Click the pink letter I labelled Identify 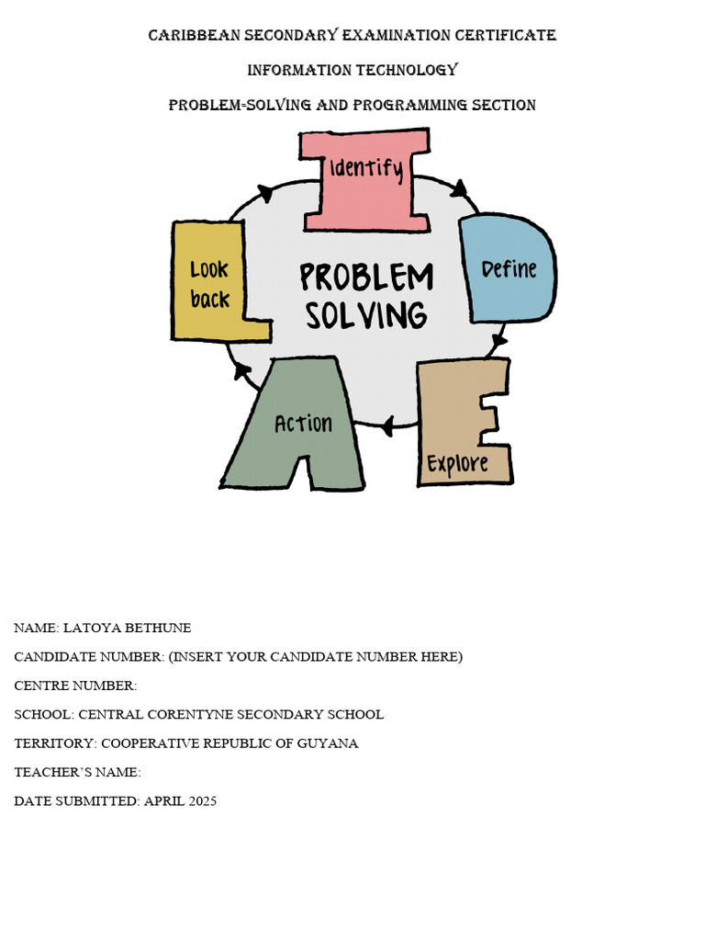pyautogui.click(x=365, y=179)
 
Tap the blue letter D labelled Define pyautogui.click(x=508, y=269)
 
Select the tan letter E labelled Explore pyautogui.click(x=459, y=423)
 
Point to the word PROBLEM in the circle pyautogui.click(x=366, y=278)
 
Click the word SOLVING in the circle pyautogui.click(x=366, y=315)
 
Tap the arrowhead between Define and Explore pyautogui.click(x=498, y=343)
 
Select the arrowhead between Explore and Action pyautogui.click(x=388, y=425)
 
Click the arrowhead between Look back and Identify pyautogui.click(x=265, y=193)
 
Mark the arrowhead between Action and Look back pyautogui.click(x=242, y=370)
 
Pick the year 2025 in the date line pyautogui.click(x=203, y=801)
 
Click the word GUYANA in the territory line pyautogui.click(x=331, y=743)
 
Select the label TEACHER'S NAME pyautogui.click(x=75, y=773)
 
